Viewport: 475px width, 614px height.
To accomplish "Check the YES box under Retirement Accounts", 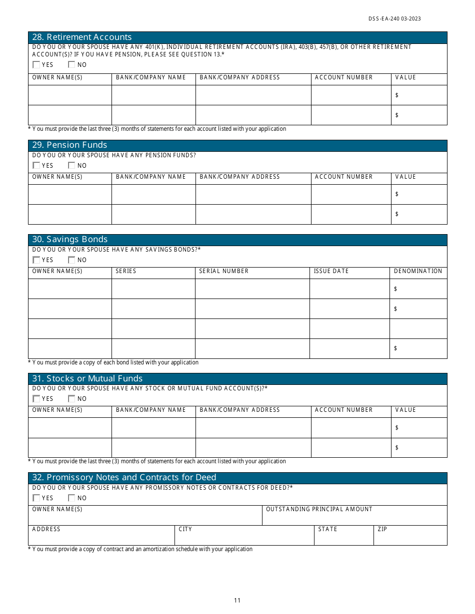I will tap(36, 64).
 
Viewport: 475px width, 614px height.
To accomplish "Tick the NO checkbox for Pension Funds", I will tap(71, 165).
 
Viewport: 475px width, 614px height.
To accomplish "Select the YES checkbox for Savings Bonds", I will tap(36, 260).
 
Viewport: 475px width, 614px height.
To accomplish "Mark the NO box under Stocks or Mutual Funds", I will tap(71, 398).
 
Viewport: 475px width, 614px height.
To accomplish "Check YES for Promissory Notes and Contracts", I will tap(36, 498).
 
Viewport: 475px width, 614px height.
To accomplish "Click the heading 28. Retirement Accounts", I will tap(82, 37).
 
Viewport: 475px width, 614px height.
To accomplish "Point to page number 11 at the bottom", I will tap(237, 601).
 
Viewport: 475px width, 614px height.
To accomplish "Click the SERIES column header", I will tap(126, 271).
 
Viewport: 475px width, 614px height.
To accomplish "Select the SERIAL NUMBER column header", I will tap(223, 271).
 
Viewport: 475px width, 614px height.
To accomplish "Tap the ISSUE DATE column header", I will tap(331, 271).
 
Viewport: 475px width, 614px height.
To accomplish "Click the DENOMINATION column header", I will tap(418, 271).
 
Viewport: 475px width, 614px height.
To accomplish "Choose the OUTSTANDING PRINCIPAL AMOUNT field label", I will tap(319, 509).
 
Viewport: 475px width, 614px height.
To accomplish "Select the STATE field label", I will tap(327, 529).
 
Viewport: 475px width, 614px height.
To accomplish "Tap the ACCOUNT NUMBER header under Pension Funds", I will tap(343, 177).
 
